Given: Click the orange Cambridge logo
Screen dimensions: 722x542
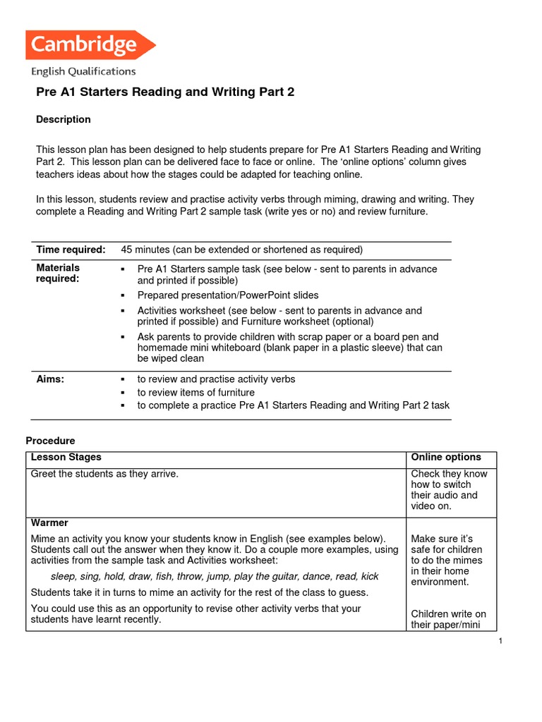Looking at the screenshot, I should [x=89, y=46].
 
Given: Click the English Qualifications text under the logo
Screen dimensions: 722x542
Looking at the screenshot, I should [x=83, y=71].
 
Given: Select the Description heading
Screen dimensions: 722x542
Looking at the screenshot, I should [x=64, y=119].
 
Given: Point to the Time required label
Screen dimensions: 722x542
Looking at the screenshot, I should [x=71, y=250].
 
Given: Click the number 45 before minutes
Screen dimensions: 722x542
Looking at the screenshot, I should [x=127, y=250].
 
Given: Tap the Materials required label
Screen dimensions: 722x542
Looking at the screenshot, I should [x=58, y=273].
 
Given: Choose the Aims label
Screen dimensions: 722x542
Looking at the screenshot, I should [x=50, y=379].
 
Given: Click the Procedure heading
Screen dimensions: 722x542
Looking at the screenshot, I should [x=50, y=441].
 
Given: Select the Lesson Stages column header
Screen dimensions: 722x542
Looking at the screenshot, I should [x=66, y=458].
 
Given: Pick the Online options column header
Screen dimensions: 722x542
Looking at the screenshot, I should [x=446, y=458].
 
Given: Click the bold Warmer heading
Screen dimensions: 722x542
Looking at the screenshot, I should [x=49, y=523].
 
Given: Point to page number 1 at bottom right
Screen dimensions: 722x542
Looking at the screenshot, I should [x=500, y=640].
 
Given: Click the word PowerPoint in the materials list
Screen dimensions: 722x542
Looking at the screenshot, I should [x=269, y=295].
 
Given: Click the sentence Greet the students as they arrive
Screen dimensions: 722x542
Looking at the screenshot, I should [x=104, y=474].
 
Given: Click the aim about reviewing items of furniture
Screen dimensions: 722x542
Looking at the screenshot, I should [x=195, y=393].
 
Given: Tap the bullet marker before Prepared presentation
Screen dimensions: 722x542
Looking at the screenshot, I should [x=122, y=295].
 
